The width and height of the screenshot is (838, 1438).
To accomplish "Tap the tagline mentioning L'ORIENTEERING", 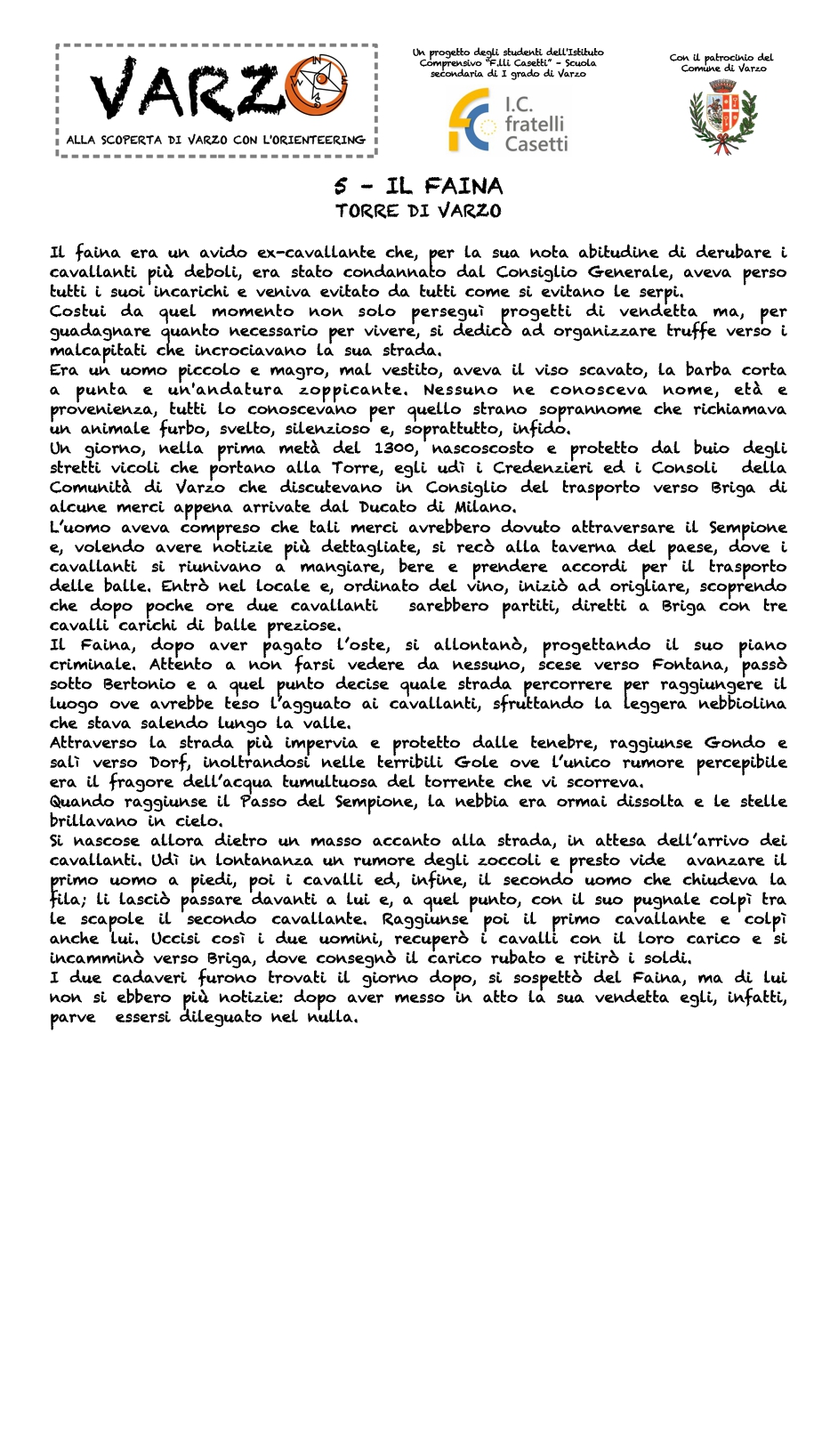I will click(x=215, y=140).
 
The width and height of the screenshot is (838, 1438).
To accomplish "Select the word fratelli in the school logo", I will click(x=534, y=124).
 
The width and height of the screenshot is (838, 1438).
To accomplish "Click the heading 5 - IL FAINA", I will click(x=419, y=186).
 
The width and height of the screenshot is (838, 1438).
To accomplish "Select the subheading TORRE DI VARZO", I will click(x=418, y=211).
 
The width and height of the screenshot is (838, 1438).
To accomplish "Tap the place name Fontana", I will click(x=687, y=665).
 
